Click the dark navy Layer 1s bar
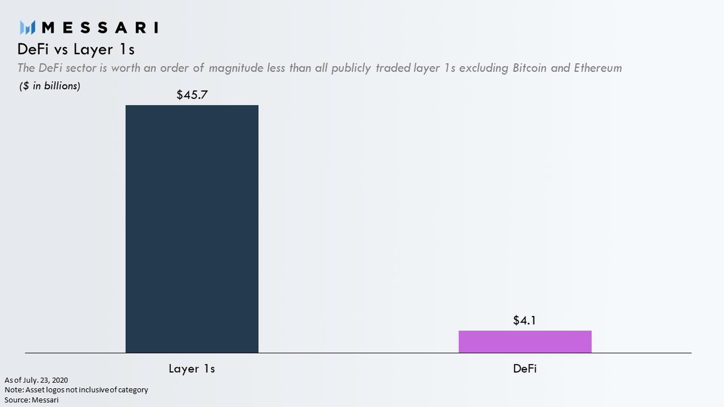pyautogui.click(x=192, y=229)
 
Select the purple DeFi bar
pyautogui.click(x=525, y=341)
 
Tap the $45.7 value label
pyautogui.click(x=192, y=95)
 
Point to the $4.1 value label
pyautogui.click(x=525, y=321)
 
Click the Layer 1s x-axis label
pyautogui.click(x=192, y=368)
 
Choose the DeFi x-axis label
pyautogui.click(x=525, y=368)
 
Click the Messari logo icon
pyautogui.click(x=28, y=28)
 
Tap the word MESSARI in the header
pyautogui.click(x=102, y=28)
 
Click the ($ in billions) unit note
pyautogui.click(x=49, y=86)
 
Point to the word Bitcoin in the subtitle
pyautogui.click(x=530, y=68)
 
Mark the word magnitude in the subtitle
pyautogui.click(x=236, y=68)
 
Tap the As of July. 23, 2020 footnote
pyautogui.click(x=36, y=380)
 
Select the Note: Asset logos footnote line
pyautogui.click(x=76, y=390)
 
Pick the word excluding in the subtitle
pyautogui.click(x=484, y=68)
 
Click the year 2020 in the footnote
pyautogui.click(x=59, y=380)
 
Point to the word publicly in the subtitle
pyautogui.click(x=334, y=68)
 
